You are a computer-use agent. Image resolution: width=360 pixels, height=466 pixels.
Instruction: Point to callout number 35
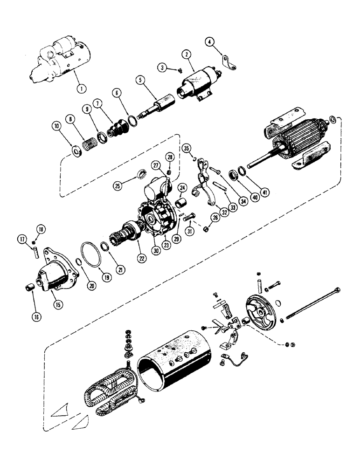pos(186,149)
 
